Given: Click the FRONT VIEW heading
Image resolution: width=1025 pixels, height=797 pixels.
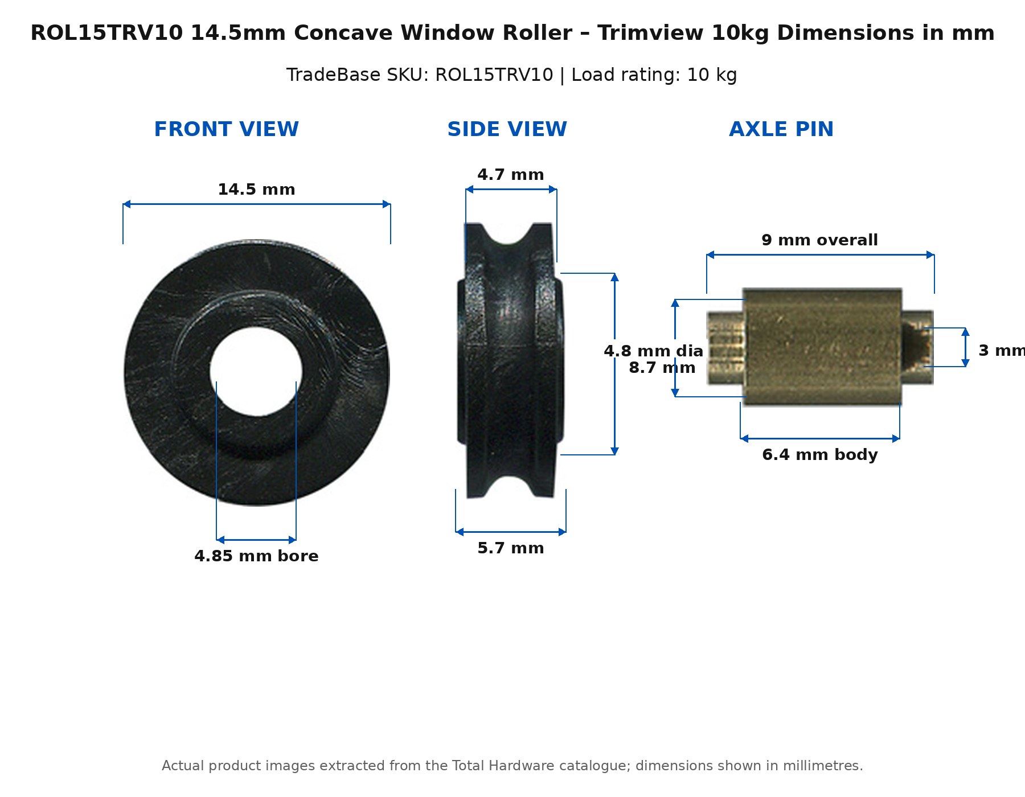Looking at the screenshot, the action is (226, 129).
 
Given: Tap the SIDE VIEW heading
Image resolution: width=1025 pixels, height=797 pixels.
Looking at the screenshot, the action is (507, 129).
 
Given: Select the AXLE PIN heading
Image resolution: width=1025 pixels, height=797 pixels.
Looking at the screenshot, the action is (781, 129).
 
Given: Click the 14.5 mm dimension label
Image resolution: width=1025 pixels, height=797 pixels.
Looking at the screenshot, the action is (256, 190).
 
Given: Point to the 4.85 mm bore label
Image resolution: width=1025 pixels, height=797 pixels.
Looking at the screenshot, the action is (256, 556).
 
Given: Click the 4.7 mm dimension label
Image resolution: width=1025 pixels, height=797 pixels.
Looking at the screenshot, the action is (511, 175).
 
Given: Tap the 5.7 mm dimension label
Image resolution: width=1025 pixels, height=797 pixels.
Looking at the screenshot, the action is (511, 548).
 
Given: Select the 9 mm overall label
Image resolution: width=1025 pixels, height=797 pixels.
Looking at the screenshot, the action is (820, 240).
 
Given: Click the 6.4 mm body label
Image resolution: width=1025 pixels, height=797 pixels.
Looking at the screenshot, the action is (820, 455).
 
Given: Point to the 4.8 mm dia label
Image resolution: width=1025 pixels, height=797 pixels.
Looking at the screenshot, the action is (654, 351).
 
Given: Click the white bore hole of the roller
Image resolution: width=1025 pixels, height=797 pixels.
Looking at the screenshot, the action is (256, 371).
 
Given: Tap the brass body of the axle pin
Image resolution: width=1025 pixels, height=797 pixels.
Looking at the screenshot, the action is (822, 347).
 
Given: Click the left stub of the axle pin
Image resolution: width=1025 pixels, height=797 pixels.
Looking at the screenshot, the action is (725, 348).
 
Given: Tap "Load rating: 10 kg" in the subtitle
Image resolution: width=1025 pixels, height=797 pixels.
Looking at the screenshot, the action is (654, 75).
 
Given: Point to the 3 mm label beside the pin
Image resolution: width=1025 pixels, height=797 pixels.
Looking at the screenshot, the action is (1001, 351).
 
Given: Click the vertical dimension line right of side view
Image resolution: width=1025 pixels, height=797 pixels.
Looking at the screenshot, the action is (614, 364).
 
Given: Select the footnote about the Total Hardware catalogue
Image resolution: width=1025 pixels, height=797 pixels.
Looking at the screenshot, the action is (512, 766).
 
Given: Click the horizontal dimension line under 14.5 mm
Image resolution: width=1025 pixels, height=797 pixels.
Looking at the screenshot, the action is (257, 204).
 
